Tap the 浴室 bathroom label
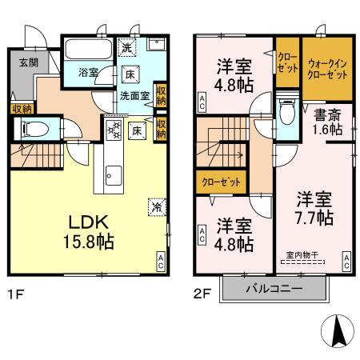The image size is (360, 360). [88, 73]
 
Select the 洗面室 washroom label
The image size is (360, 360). [133, 95]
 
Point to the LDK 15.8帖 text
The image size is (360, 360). [83, 230]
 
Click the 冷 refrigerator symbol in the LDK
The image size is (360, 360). [155, 207]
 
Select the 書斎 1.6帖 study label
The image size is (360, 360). [327, 121]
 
